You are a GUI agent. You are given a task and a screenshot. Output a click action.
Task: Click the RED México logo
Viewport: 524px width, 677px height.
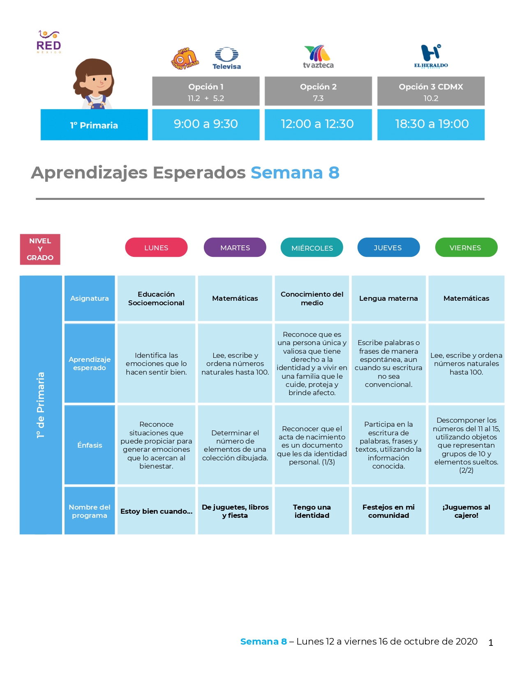click(x=48, y=42)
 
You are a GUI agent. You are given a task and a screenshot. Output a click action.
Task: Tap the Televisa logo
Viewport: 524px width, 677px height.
click(x=226, y=58)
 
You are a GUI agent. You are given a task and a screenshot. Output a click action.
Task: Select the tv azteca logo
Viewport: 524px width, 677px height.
click(x=318, y=57)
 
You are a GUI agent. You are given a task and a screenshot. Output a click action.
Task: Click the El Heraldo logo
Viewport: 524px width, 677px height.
click(x=431, y=56)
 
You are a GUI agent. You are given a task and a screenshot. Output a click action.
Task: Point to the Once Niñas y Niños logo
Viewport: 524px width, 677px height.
click(x=185, y=58)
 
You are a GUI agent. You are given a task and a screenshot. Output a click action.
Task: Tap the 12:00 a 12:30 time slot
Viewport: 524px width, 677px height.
click(x=318, y=124)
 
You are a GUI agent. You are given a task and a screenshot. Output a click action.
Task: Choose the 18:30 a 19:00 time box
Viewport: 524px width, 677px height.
click(x=431, y=124)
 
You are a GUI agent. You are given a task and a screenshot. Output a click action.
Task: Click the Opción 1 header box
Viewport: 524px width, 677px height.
click(x=205, y=91)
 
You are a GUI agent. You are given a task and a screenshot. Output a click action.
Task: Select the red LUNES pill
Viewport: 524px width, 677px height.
click(x=156, y=247)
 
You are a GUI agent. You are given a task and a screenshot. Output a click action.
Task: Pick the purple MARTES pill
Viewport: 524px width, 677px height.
click(x=235, y=247)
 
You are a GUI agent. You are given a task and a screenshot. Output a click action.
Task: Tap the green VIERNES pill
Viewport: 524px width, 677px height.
click(x=466, y=247)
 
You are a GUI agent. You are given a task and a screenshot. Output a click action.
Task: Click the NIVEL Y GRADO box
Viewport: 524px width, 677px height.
click(x=40, y=249)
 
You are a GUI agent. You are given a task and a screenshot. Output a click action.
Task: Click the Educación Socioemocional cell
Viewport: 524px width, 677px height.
click(x=156, y=298)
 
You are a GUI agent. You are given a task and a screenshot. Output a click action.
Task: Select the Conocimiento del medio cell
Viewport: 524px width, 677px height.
click(x=312, y=298)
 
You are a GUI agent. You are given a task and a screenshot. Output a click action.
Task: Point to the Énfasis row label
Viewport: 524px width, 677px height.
click(x=90, y=445)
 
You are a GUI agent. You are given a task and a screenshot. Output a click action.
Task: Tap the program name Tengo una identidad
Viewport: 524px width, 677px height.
click(x=312, y=511)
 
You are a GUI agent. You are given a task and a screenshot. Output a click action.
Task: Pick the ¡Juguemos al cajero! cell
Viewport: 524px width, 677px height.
click(x=466, y=511)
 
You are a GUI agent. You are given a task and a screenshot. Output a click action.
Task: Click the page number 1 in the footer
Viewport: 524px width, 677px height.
click(x=491, y=643)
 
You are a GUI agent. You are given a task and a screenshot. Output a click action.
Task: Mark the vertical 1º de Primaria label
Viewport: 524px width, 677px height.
click(x=41, y=405)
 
